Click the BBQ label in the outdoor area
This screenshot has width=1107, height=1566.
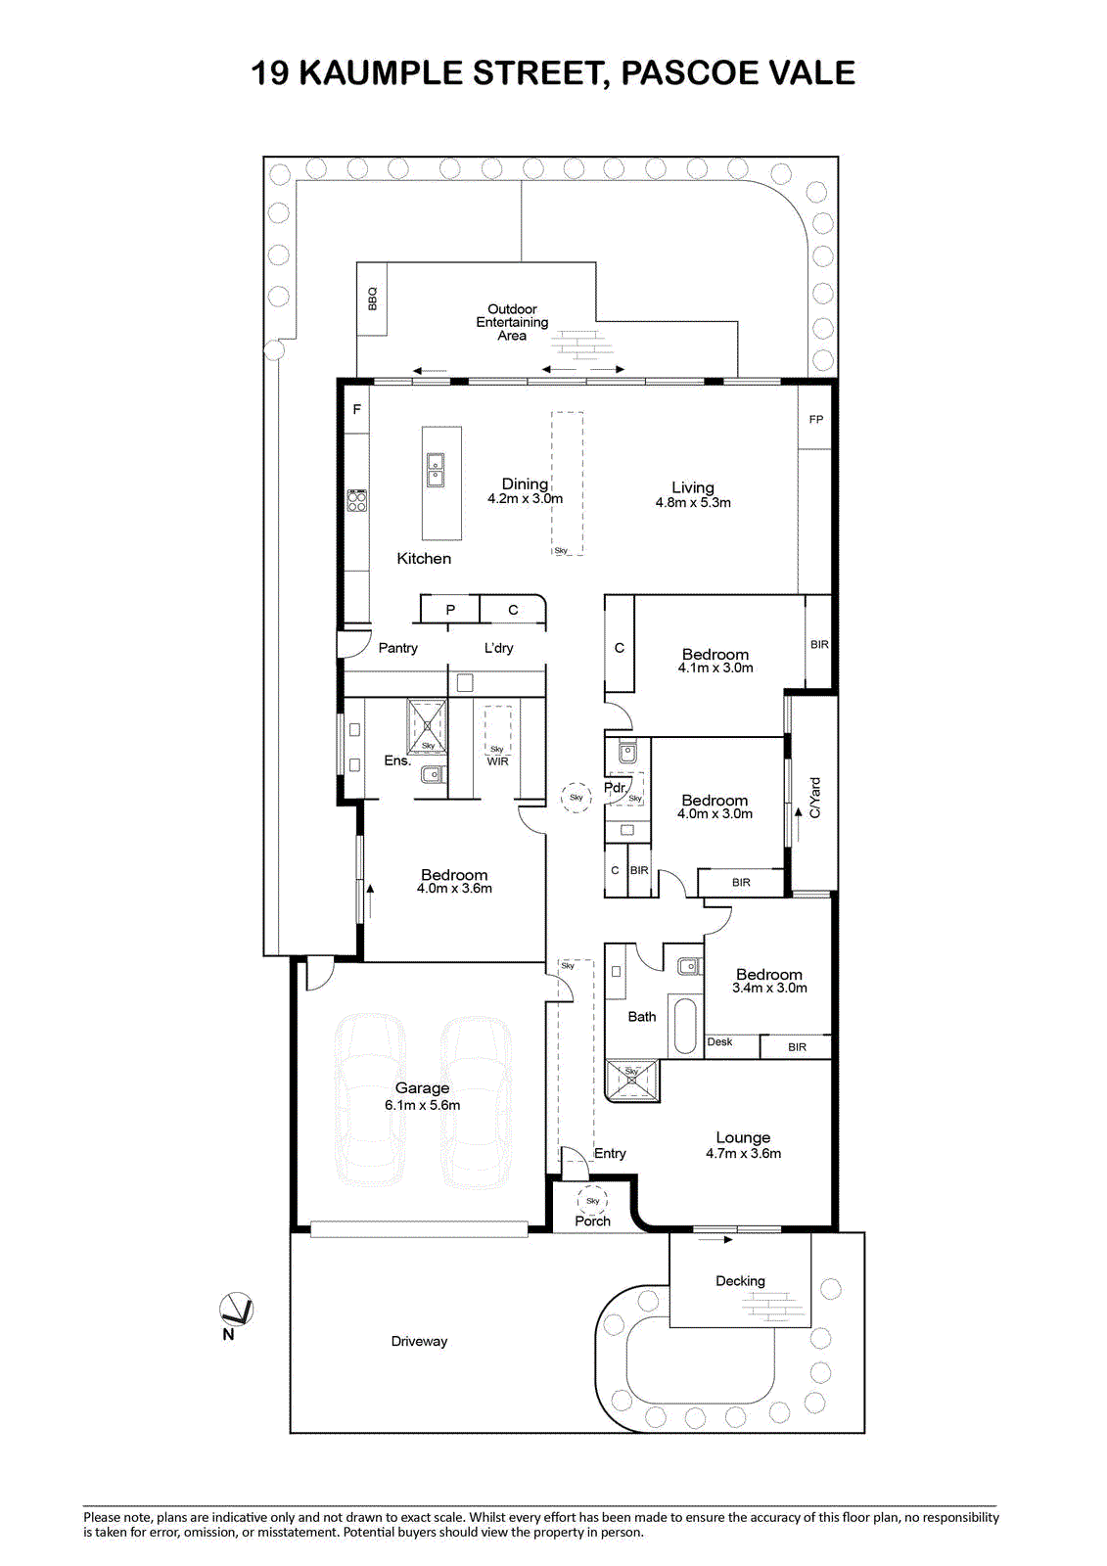coord(372,299)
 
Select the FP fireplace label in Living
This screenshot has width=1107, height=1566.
coord(815,420)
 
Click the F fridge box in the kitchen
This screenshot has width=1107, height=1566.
coord(356,409)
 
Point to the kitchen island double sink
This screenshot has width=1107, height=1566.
coord(435,470)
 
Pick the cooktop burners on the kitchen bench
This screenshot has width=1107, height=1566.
coord(357,500)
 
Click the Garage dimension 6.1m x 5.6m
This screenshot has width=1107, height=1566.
coord(423,1105)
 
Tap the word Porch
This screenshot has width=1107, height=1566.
coord(592,1221)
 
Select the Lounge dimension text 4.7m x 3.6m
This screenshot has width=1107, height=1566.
coord(743,1154)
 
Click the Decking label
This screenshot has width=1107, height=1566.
coord(740,1281)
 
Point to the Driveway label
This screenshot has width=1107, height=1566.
coord(419,1341)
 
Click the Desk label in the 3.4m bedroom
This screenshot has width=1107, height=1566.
coord(719,1041)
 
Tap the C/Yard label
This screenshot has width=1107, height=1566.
coord(814,798)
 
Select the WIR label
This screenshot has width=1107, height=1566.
coord(497,761)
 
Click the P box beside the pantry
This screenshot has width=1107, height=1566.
coord(449,609)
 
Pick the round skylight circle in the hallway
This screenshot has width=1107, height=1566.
coord(576,797)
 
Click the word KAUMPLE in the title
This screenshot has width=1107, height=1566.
coord(382,72)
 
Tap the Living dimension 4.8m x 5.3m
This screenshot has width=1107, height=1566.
coord(693,503)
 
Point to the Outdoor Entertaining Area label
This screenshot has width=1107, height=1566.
coord(512,322)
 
